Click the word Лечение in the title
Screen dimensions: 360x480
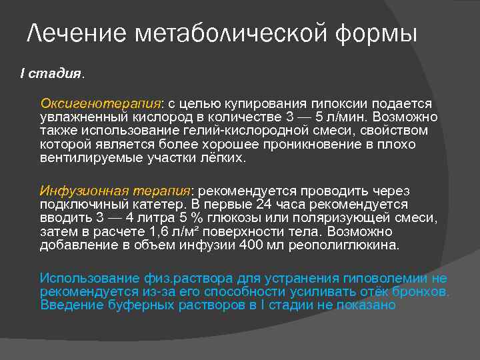tap(75, 33)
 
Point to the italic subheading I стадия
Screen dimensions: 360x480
tap(52, 74)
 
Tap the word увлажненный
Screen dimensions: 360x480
tap(81, 117)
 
